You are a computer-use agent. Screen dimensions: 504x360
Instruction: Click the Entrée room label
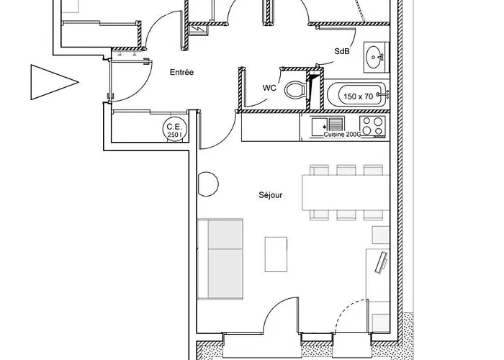click(181, 72)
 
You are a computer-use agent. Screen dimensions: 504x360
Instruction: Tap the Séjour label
click(271, 195)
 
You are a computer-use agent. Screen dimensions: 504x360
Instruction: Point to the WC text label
click(269, 88)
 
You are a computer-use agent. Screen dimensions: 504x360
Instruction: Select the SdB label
click(342, 51)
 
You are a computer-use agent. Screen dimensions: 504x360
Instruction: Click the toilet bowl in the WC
click(295, 90)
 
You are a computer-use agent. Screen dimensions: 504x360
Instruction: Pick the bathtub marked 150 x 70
click(356, 95)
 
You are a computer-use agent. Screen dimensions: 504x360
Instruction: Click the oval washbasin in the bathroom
click(374, 57)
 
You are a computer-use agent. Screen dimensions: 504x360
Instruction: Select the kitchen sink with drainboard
click(328, 125)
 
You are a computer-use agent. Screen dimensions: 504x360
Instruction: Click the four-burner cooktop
click(372, 126)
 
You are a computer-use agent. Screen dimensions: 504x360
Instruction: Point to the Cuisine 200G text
click(342, 135)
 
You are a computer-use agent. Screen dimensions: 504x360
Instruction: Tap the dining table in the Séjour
click(346, 192)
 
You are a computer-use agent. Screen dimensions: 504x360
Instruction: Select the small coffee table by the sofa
click(276, 254)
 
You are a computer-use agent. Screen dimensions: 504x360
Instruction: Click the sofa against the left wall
click(220, 259)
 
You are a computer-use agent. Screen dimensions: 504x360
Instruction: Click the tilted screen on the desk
click(382, 263)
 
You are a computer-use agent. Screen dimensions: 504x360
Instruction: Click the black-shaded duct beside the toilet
click(314, 91)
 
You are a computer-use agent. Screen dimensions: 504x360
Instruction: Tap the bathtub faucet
click(384, 94)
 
